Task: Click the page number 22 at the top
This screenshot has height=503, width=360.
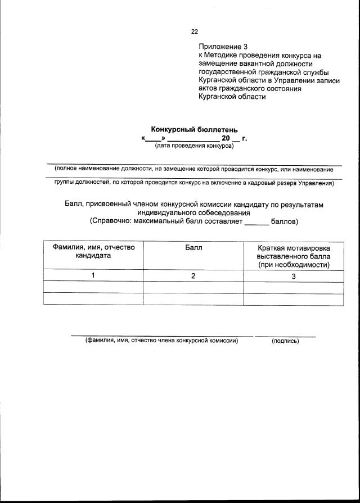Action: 195,32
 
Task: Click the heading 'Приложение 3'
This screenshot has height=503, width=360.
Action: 223,47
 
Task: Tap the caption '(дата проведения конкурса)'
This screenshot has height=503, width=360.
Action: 194,146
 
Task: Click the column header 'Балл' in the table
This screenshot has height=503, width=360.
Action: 193,247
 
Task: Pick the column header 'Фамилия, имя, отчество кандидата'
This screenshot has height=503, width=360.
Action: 93,251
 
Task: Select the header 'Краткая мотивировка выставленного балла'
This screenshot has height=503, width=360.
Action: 293,256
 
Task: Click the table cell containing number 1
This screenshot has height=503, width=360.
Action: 93,275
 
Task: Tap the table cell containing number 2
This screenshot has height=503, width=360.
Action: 193,276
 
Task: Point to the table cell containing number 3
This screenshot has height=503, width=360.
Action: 293,276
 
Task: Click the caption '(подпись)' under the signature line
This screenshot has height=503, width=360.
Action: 285,341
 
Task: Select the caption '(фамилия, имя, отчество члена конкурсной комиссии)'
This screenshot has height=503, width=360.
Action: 162,341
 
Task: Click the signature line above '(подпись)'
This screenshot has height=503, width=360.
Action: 285,336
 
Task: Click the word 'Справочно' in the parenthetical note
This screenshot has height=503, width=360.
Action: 110,221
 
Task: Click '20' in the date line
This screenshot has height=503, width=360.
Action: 226,138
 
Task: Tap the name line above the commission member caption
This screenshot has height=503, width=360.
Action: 162,336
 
